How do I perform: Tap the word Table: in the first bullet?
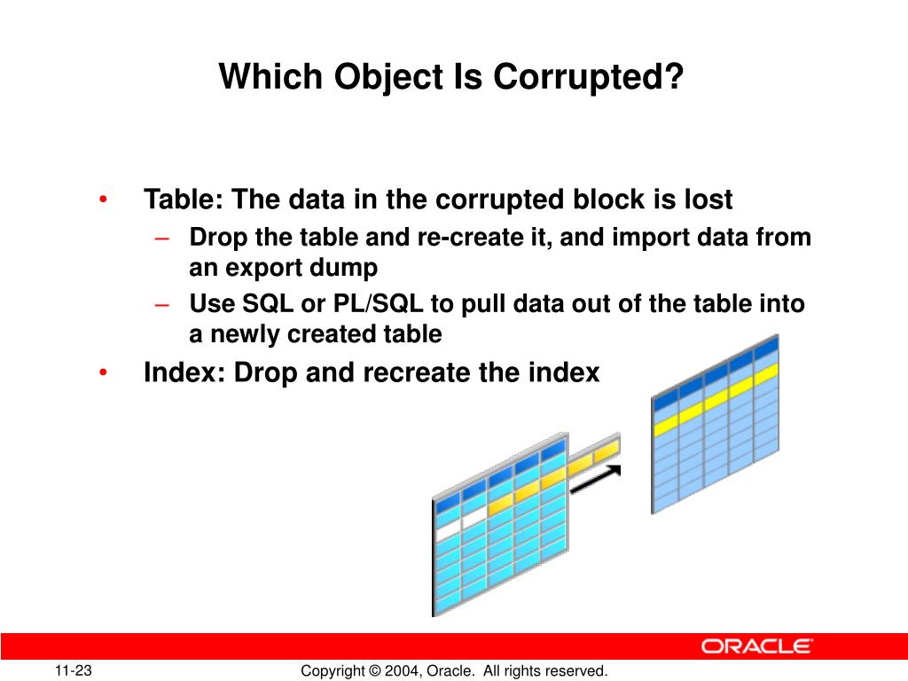point(184,200)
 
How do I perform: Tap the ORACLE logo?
point(757,646)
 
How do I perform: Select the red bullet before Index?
point(105,373)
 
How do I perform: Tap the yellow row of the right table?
point(715,398)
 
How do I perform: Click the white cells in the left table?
point(461,519)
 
